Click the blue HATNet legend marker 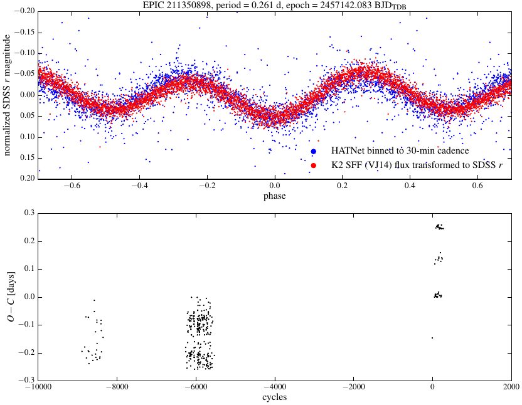click(313, 151)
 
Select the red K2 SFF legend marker click(313, 166)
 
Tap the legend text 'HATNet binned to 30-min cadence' click(400, 151)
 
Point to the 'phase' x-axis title click(274, 196)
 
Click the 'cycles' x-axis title click(274, 397)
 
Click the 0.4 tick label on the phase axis click(410, 186)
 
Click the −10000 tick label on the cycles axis click(38, 388)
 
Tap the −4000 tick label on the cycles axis click(274, 388)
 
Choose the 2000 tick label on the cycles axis click(510, 388)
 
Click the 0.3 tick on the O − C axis click(28, 213)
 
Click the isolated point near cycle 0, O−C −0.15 click(432, 338)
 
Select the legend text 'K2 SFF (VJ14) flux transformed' click(404, 166)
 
